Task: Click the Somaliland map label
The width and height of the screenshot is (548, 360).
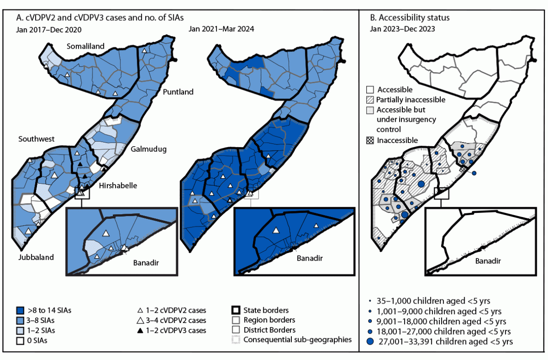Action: [x=86, y=46]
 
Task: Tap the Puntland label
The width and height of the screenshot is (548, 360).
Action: [x=178, y=92]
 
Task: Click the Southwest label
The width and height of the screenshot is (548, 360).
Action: [x=37, y=139]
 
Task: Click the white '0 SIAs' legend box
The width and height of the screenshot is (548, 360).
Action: [x=19, y=341]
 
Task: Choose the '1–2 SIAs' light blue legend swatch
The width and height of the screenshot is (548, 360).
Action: [x=19, y=330]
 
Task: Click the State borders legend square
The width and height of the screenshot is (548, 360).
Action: [x=235, y=310]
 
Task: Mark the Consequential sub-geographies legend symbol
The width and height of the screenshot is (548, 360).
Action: [x=235, y=340]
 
